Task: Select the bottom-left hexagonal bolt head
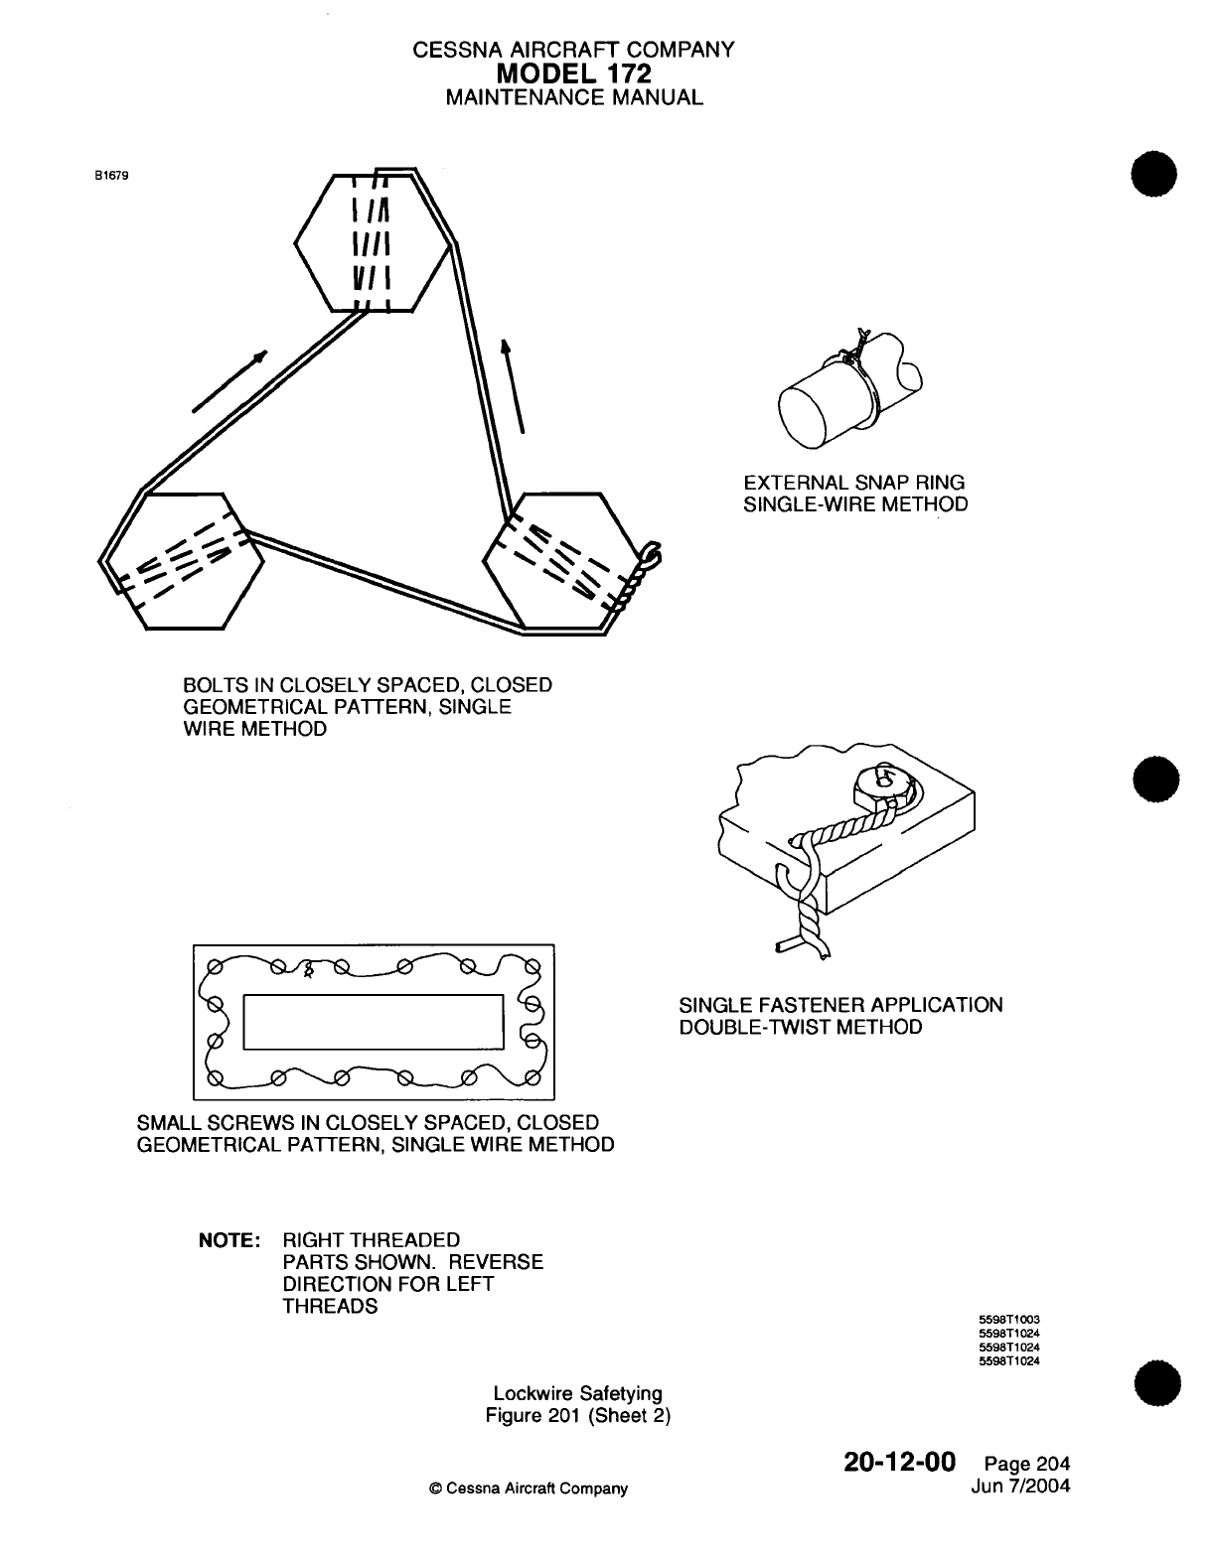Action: [184, 561]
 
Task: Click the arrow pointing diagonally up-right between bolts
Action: [230, 380]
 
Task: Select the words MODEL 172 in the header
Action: [573, 72]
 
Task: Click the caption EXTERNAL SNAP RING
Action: [854, 483]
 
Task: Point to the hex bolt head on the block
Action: [882, 784]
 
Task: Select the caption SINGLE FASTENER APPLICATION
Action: [840, 1005]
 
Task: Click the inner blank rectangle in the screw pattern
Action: [373, 1021]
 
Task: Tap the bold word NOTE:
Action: [230, 1241]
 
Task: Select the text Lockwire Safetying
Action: [577, 1394]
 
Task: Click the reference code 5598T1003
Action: [1009, 1320]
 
